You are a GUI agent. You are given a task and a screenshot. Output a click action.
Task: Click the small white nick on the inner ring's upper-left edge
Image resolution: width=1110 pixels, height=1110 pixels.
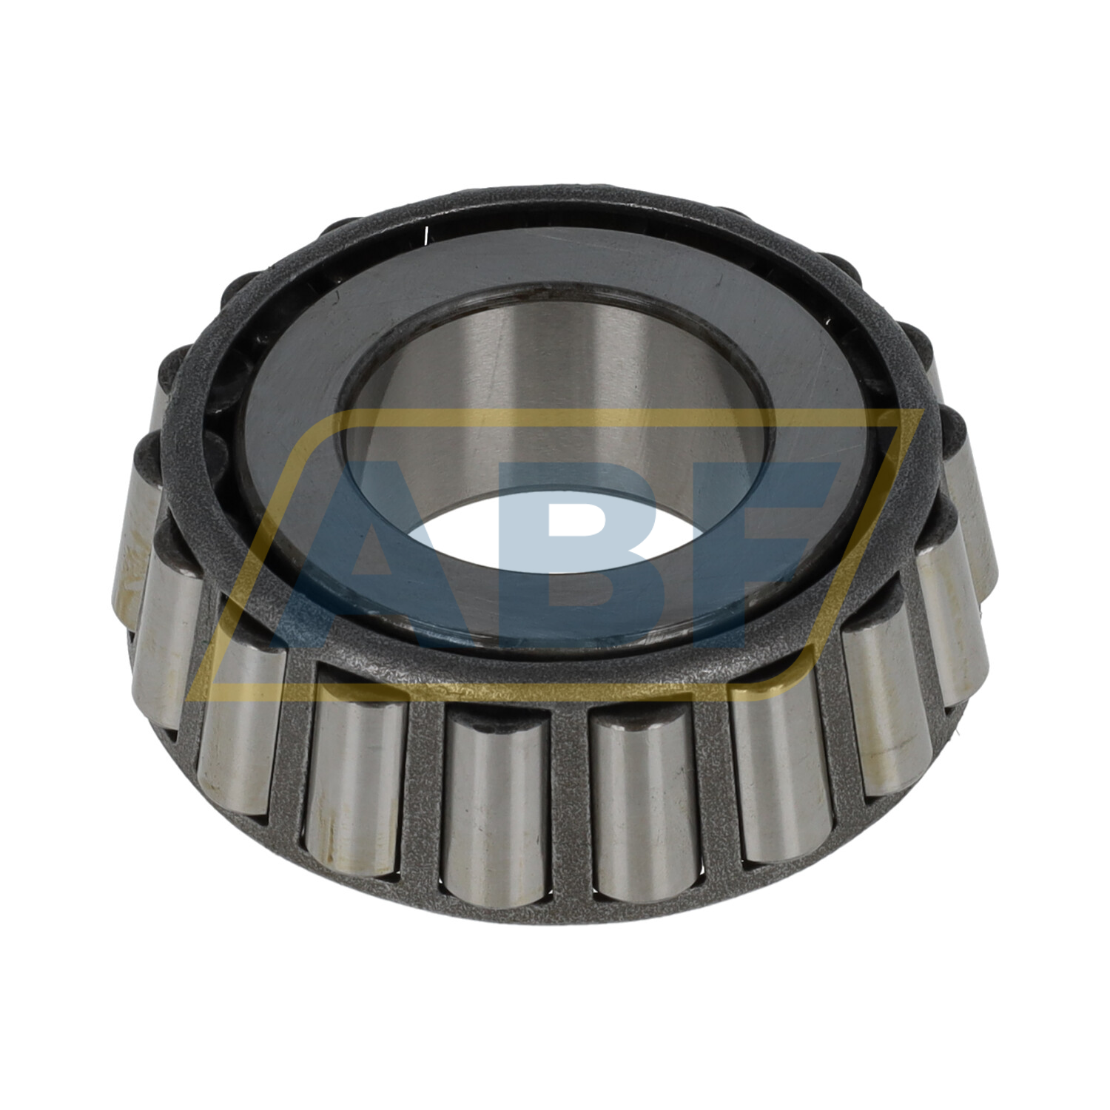[427, 235]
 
